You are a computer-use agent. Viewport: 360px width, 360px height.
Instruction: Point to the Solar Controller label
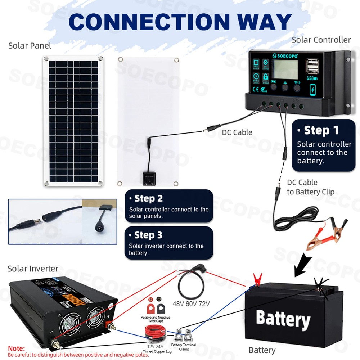[321, 40]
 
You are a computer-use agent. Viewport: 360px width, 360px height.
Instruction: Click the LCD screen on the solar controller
[284, 68]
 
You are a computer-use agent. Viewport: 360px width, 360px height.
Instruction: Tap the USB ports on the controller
[312, 67]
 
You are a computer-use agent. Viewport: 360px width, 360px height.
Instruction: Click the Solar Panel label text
[30, 46]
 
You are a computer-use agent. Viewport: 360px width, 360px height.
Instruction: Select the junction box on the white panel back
[148, 176]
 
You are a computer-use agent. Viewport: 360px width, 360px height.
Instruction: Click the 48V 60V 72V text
[191, 303]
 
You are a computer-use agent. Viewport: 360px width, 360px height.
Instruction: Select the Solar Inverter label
[33, 269]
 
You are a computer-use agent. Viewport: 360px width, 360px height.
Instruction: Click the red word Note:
[17, 348]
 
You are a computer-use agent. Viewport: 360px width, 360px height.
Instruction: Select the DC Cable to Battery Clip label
[310, 187]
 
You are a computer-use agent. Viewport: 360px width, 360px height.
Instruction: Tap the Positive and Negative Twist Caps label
[156, 319]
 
